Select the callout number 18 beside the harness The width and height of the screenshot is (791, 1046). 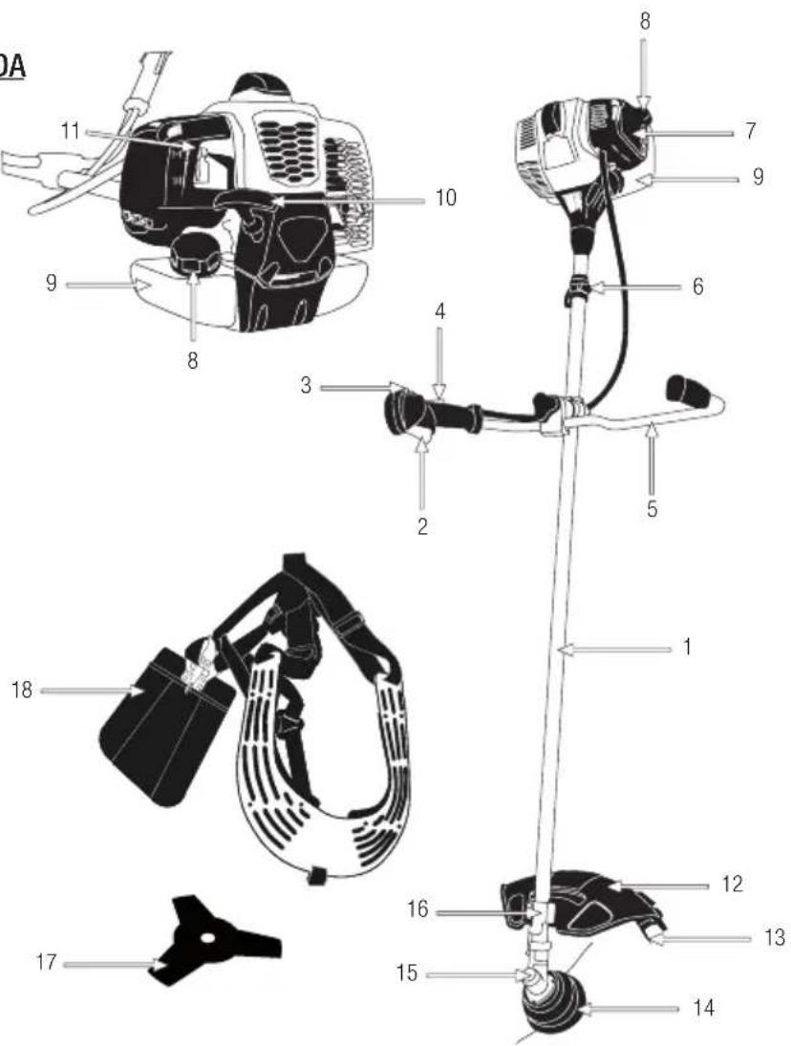[x=29, y=688]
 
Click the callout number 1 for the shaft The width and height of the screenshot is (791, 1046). [x=687, y=649]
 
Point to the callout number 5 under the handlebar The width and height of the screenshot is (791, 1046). [x=652, y=509]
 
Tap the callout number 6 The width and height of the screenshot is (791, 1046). [x=699, y=286]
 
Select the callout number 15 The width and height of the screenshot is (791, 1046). [x=407, y=976]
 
